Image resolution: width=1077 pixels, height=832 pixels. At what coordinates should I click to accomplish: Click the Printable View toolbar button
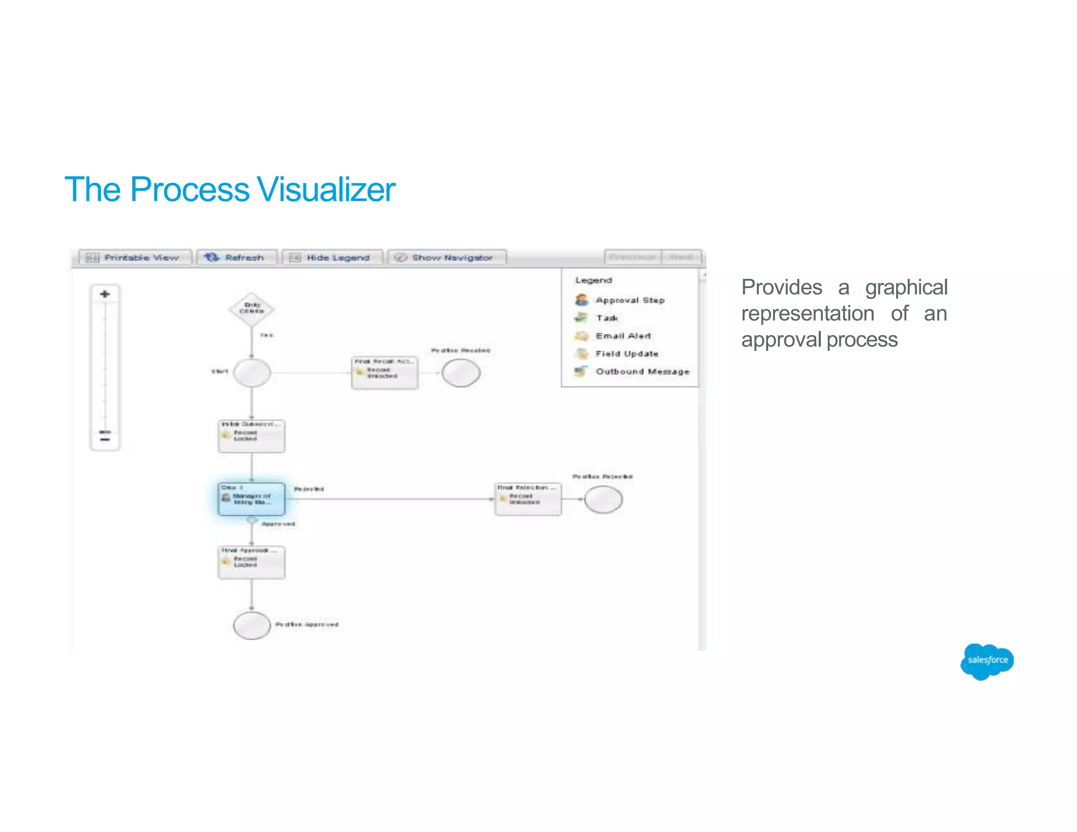135,258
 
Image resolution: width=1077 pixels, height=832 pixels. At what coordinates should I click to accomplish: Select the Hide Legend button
331,258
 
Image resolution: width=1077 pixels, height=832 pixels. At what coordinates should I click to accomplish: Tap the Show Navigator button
446,258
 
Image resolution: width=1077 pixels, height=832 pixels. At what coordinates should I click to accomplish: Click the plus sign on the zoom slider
105,294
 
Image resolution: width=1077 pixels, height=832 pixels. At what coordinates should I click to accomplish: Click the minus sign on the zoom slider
105,439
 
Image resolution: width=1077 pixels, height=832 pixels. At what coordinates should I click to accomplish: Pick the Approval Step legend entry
621,300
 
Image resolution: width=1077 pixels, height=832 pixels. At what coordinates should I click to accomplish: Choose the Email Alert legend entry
614,336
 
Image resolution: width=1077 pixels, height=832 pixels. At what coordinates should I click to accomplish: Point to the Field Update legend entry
617,354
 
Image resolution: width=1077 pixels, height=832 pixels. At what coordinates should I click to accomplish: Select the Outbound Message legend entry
633,372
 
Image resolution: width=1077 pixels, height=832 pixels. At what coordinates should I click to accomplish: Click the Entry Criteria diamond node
251,309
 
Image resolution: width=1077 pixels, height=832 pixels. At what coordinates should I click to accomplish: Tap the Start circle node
252,373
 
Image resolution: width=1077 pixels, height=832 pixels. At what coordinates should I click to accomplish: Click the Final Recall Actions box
384,373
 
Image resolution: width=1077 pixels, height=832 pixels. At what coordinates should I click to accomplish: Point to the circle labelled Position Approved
252,625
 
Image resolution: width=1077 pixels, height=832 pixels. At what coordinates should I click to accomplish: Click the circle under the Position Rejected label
603,500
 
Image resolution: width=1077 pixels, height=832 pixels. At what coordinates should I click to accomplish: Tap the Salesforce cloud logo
987,661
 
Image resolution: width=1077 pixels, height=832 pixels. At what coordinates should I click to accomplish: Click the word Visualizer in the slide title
326,189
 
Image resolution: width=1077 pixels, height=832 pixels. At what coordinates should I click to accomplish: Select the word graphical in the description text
906,288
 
